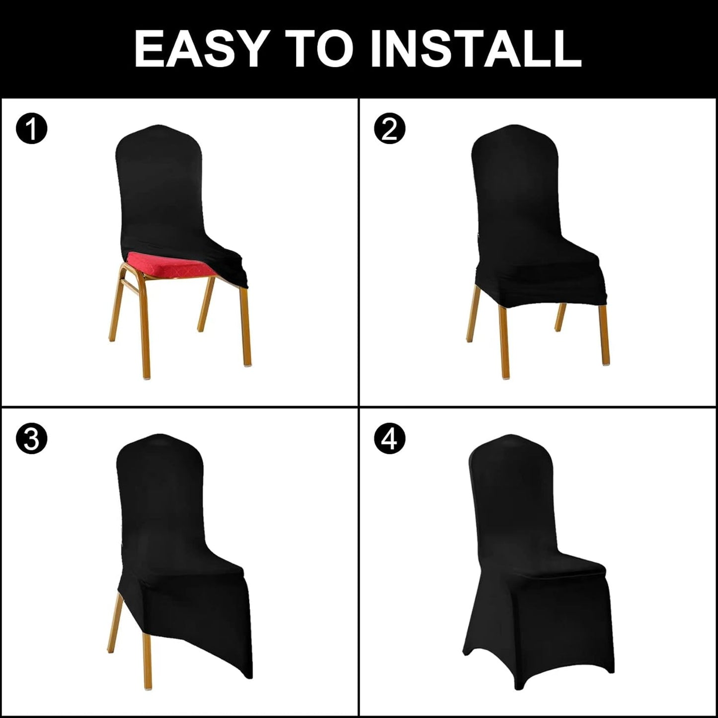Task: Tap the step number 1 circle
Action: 31,129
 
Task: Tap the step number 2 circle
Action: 390,129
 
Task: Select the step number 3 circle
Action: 31,439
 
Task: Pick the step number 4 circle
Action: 390,439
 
